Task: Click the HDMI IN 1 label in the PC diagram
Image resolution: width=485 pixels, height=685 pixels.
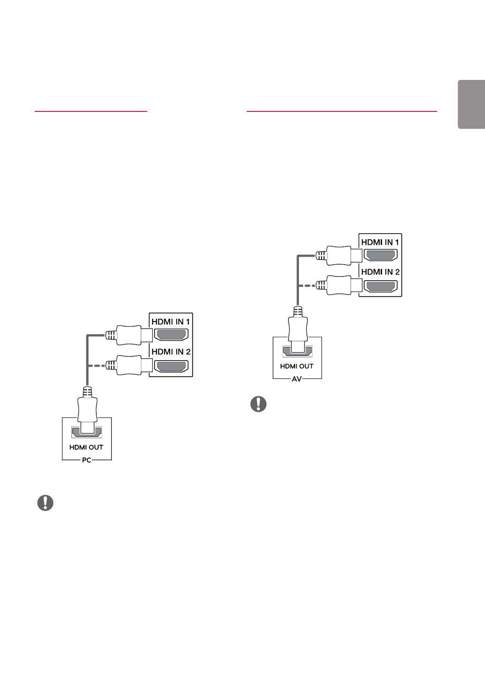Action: tap(171, 322)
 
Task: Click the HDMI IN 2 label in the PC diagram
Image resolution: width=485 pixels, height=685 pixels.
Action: tap(171, 352)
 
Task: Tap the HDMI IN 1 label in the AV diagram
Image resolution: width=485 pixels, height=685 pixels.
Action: tap(380, 243)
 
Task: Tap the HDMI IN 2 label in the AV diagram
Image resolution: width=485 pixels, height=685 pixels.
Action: tap(380, 272)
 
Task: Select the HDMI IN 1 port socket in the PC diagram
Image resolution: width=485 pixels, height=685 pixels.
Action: tap(171, 335)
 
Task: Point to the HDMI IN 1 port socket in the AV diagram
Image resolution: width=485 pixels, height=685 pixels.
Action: tap(381, 256)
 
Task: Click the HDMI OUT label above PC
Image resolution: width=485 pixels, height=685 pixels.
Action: tap(86, 447)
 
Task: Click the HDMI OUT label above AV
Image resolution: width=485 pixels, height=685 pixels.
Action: tap(297, 366)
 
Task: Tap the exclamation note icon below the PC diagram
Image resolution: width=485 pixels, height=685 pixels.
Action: tap(45, 503)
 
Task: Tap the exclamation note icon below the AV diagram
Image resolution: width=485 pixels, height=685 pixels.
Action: tap(258, 404)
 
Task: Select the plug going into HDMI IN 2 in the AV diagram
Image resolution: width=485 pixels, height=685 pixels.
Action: tap(338, 285)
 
